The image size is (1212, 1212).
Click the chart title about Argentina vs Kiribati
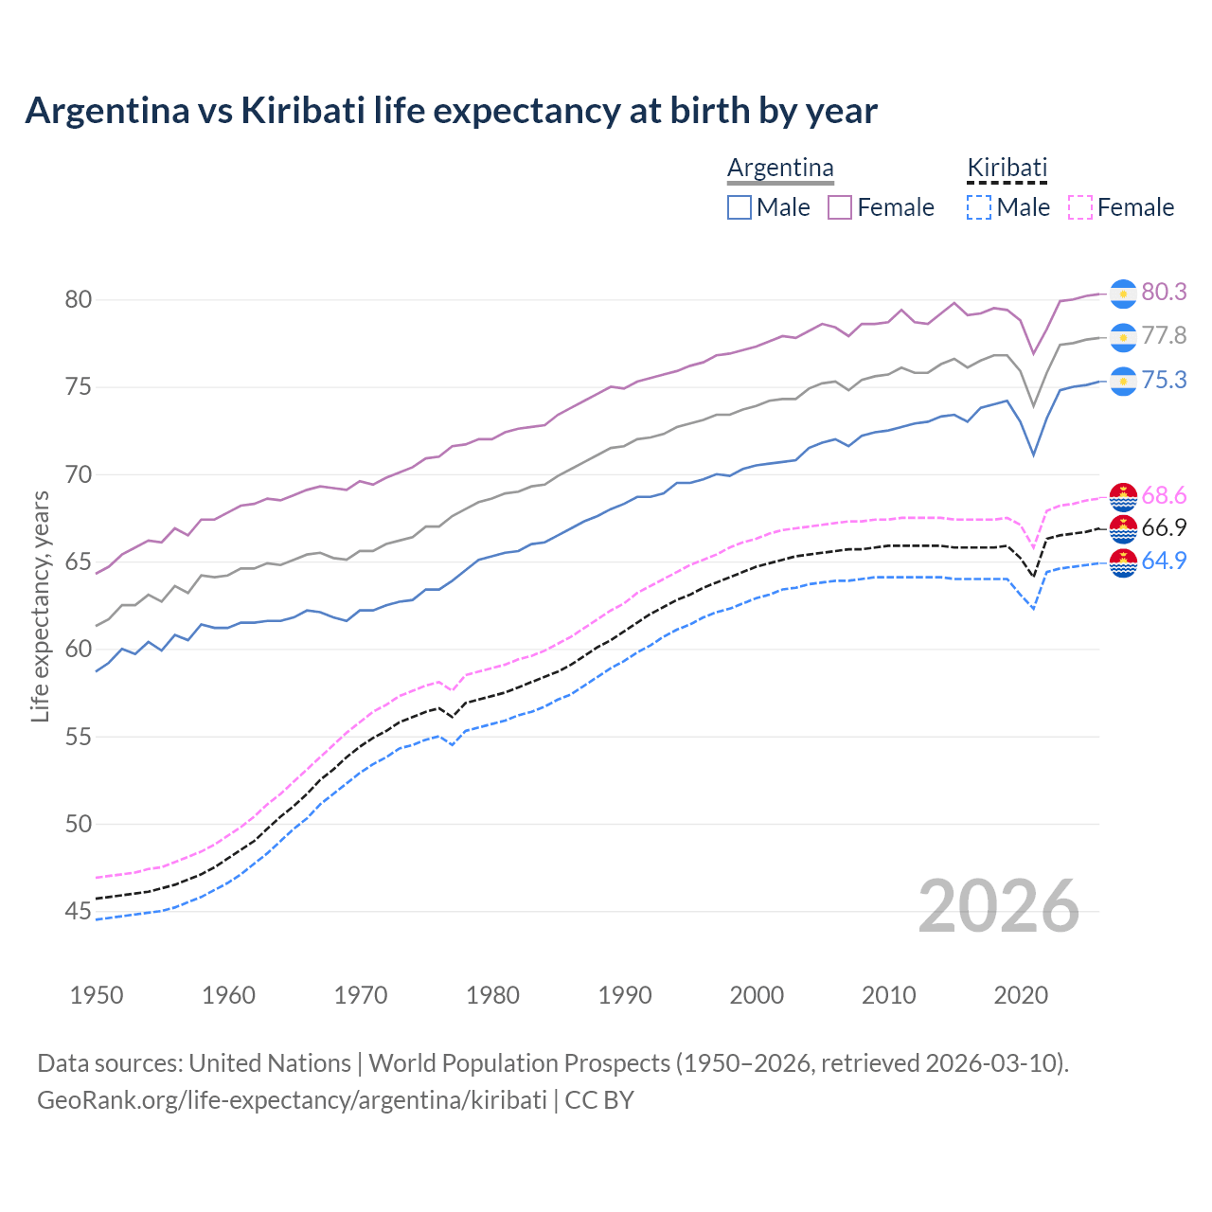[x=451, y=111]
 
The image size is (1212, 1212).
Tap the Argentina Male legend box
[x=740, y=207]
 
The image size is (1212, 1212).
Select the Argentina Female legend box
[x=840, y=207]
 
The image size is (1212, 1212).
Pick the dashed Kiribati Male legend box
[x=979, y=207]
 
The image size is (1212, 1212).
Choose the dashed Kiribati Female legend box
[x=1079, y=207]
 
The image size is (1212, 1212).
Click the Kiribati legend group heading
[x=1007, y=168]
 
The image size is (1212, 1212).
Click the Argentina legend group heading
[x=780, y=168]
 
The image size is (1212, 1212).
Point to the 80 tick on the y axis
[x=78, y=300]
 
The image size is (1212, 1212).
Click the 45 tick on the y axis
[x=78, y=912]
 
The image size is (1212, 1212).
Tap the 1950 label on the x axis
[x=97, y=995]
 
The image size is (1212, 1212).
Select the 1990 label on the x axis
[x=625, y=995]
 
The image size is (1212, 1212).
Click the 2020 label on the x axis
[x=1021, y=995]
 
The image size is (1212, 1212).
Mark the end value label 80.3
[x=1164, y=293]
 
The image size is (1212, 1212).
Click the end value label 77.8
[x=1164, y=336]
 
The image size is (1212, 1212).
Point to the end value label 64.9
[x=1164, y=561]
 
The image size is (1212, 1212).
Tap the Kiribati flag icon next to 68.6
[x=1123, y=496]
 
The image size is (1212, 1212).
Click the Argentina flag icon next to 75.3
[x=1123, y=381]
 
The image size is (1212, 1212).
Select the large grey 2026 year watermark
[x=999, y=906]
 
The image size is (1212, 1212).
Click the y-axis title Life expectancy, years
[x=40, y=606]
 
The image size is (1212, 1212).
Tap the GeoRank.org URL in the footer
[x=292, y=1100]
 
